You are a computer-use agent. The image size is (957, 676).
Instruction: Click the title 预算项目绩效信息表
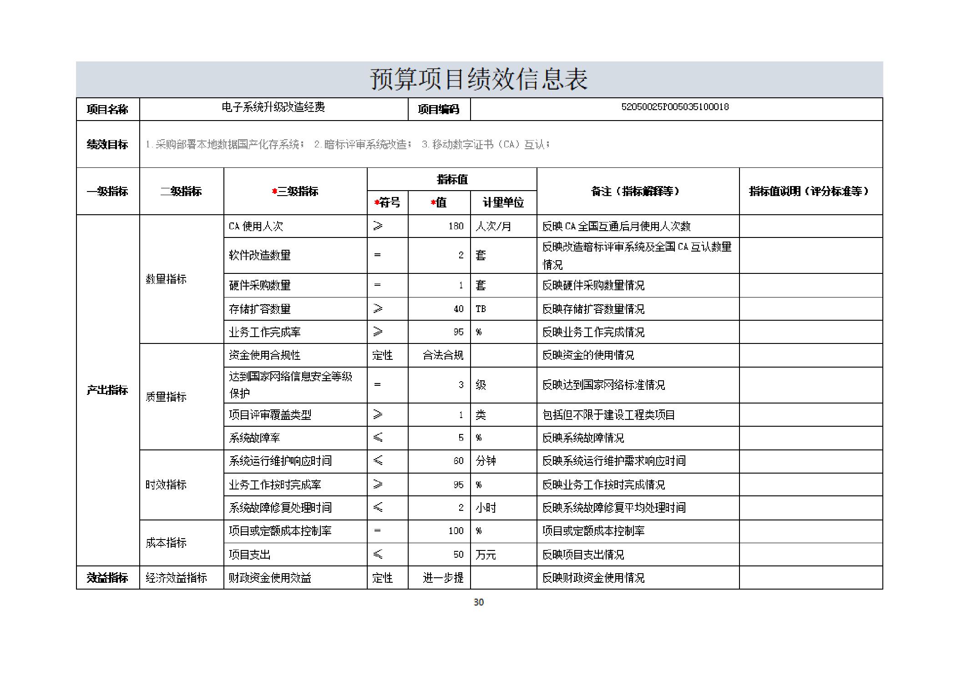pyautogui.click(x=479, y=80)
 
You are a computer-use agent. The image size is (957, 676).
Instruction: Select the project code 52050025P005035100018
pyautogui.click(x=675, y=107)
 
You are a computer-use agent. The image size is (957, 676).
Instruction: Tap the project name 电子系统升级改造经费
pyautogui.click(x=273, y=107)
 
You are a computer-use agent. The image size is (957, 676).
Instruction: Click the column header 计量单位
pyautogui.click(x=503, y=202)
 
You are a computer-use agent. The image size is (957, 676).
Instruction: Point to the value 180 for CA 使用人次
pyautogui.click(x=456, y=226)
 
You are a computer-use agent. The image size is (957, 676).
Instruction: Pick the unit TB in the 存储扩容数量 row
pyautogui.click(x=481, y=309)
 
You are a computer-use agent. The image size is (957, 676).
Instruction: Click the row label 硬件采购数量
pyautogui.click(x=259, y=285)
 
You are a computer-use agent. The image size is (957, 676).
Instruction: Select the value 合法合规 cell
pyautogui.click(x=443, y=355)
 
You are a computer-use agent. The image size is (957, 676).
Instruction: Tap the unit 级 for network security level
pyautogui.click(x=481, y=385)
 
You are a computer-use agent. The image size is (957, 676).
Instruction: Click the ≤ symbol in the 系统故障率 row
pyautogui.click(x=378, y=438)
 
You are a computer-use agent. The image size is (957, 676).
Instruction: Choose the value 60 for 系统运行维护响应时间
pyautogui.click(x=458, y=461)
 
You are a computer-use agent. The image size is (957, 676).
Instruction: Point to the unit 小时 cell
pyautogui.click(x=486, y=508)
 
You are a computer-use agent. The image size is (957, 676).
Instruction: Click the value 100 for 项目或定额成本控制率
pyautogui.click(x=456, y=531)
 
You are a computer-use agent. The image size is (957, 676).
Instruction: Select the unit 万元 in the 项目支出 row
pyautogui.click(x=486, y=555)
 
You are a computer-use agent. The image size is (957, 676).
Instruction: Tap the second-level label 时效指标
pyautogui.click(x=166, y=484)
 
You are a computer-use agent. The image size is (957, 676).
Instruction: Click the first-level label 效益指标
pyautogui.click(x=107, y=578)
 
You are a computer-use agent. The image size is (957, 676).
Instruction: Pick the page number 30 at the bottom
pyautogui.click(x=478, y=602)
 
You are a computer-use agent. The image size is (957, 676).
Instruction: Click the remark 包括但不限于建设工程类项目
pyautogui.click(x=608, y=415)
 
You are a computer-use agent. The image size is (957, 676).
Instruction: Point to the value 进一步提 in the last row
pyautogui.click(x=443, y=578)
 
